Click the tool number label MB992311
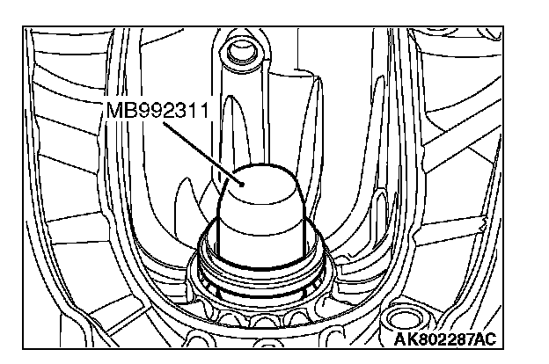coord(157,110)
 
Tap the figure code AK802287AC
coord(445,339)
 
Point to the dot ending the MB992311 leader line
coord(242,184)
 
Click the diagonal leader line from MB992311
coord(202,153)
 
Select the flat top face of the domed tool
coord(262,186)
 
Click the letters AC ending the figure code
coord(486,339)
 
